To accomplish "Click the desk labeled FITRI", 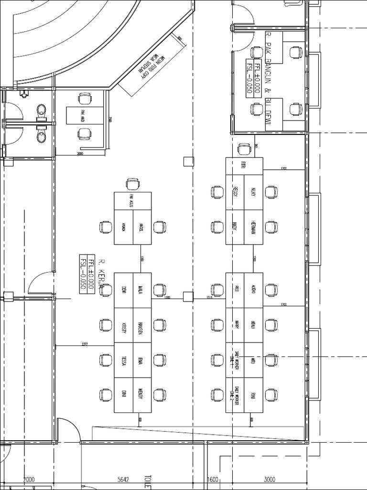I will [x=244, y=166].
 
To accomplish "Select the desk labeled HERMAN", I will [x=253, y=227].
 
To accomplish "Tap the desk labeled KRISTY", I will [x=123, y=325].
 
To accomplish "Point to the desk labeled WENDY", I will [x=141, y=395].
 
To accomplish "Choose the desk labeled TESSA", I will [x=123, y=360].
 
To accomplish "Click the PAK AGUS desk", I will [x=132, y=200].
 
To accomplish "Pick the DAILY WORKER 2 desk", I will [x=235, y=395].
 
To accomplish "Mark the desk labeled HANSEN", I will [x=141, y=325].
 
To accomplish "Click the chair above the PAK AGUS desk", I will [x=133, y=183].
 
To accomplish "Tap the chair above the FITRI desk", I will [x=244, y=149].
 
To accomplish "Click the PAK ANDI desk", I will [x=85, y=115].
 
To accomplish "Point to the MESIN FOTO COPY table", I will [x=152, y=65].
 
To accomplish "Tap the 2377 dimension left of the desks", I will [x=85, y=344].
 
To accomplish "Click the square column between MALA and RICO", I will [x=188, y=297].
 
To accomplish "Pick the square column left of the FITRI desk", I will [x=188, y=161].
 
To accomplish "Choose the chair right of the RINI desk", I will [x=271, y=395].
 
